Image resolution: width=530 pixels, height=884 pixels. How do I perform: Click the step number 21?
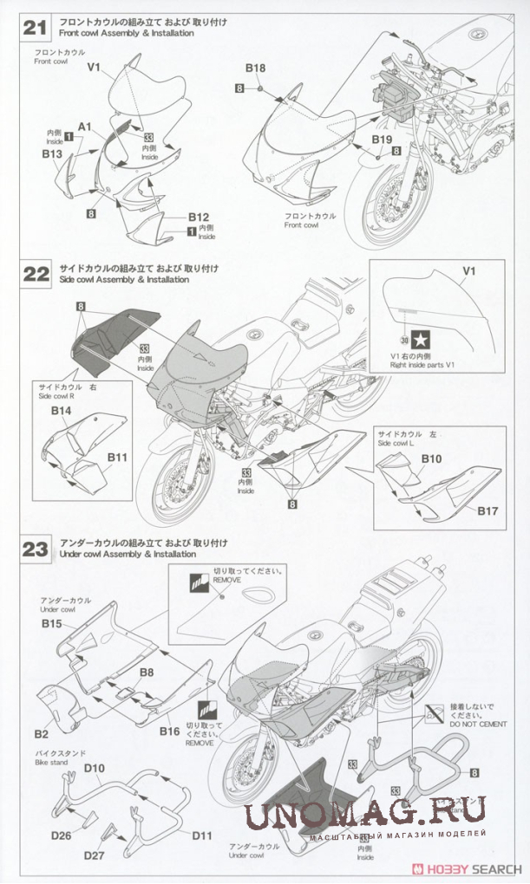(x=35, y=27)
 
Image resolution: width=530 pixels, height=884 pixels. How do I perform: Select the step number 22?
(x=35, y=274)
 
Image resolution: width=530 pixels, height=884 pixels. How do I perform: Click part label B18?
(x=255, y=68)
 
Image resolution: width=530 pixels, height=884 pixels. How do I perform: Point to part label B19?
(x=383, y=139)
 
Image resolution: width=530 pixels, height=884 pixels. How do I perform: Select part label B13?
(x=52, y=154)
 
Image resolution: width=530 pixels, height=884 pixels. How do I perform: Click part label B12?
(x=200, y=217)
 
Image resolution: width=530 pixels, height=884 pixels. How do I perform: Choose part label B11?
(x=118, y=457)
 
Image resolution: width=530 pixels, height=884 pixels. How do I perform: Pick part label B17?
(x=487, y=510)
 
